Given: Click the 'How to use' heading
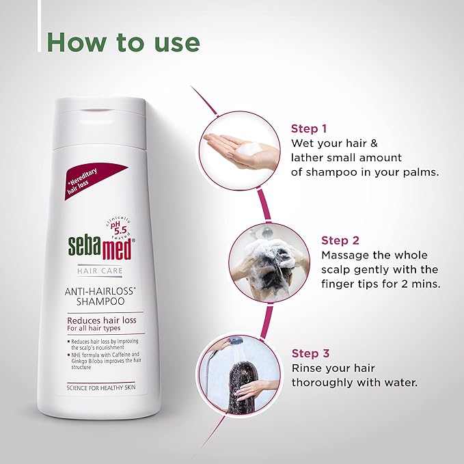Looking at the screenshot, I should (x=124, y=42).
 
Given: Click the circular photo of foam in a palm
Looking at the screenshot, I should (x=240, y=148).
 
